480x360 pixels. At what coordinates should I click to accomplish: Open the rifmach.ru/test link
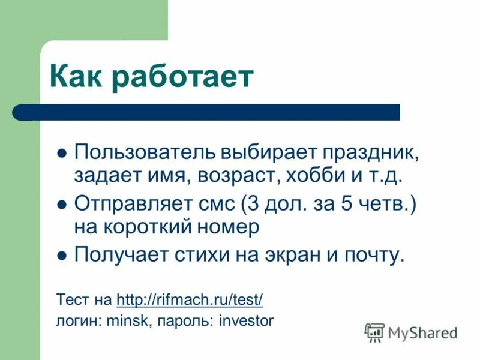pyautogui.click(x=190, y=299)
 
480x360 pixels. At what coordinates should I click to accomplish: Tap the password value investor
pyautogui.click(x=246, y=320)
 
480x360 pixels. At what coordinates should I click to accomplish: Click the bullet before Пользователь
pyautogui.click(x=61, y=153)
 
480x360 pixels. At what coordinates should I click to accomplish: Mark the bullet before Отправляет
pyautogui.click(x=61, y=204)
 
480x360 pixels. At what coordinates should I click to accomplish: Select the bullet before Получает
pyautogui.click(x=61, y=256)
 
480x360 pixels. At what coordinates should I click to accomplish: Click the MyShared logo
pyautogui.click(x=411, y=332)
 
